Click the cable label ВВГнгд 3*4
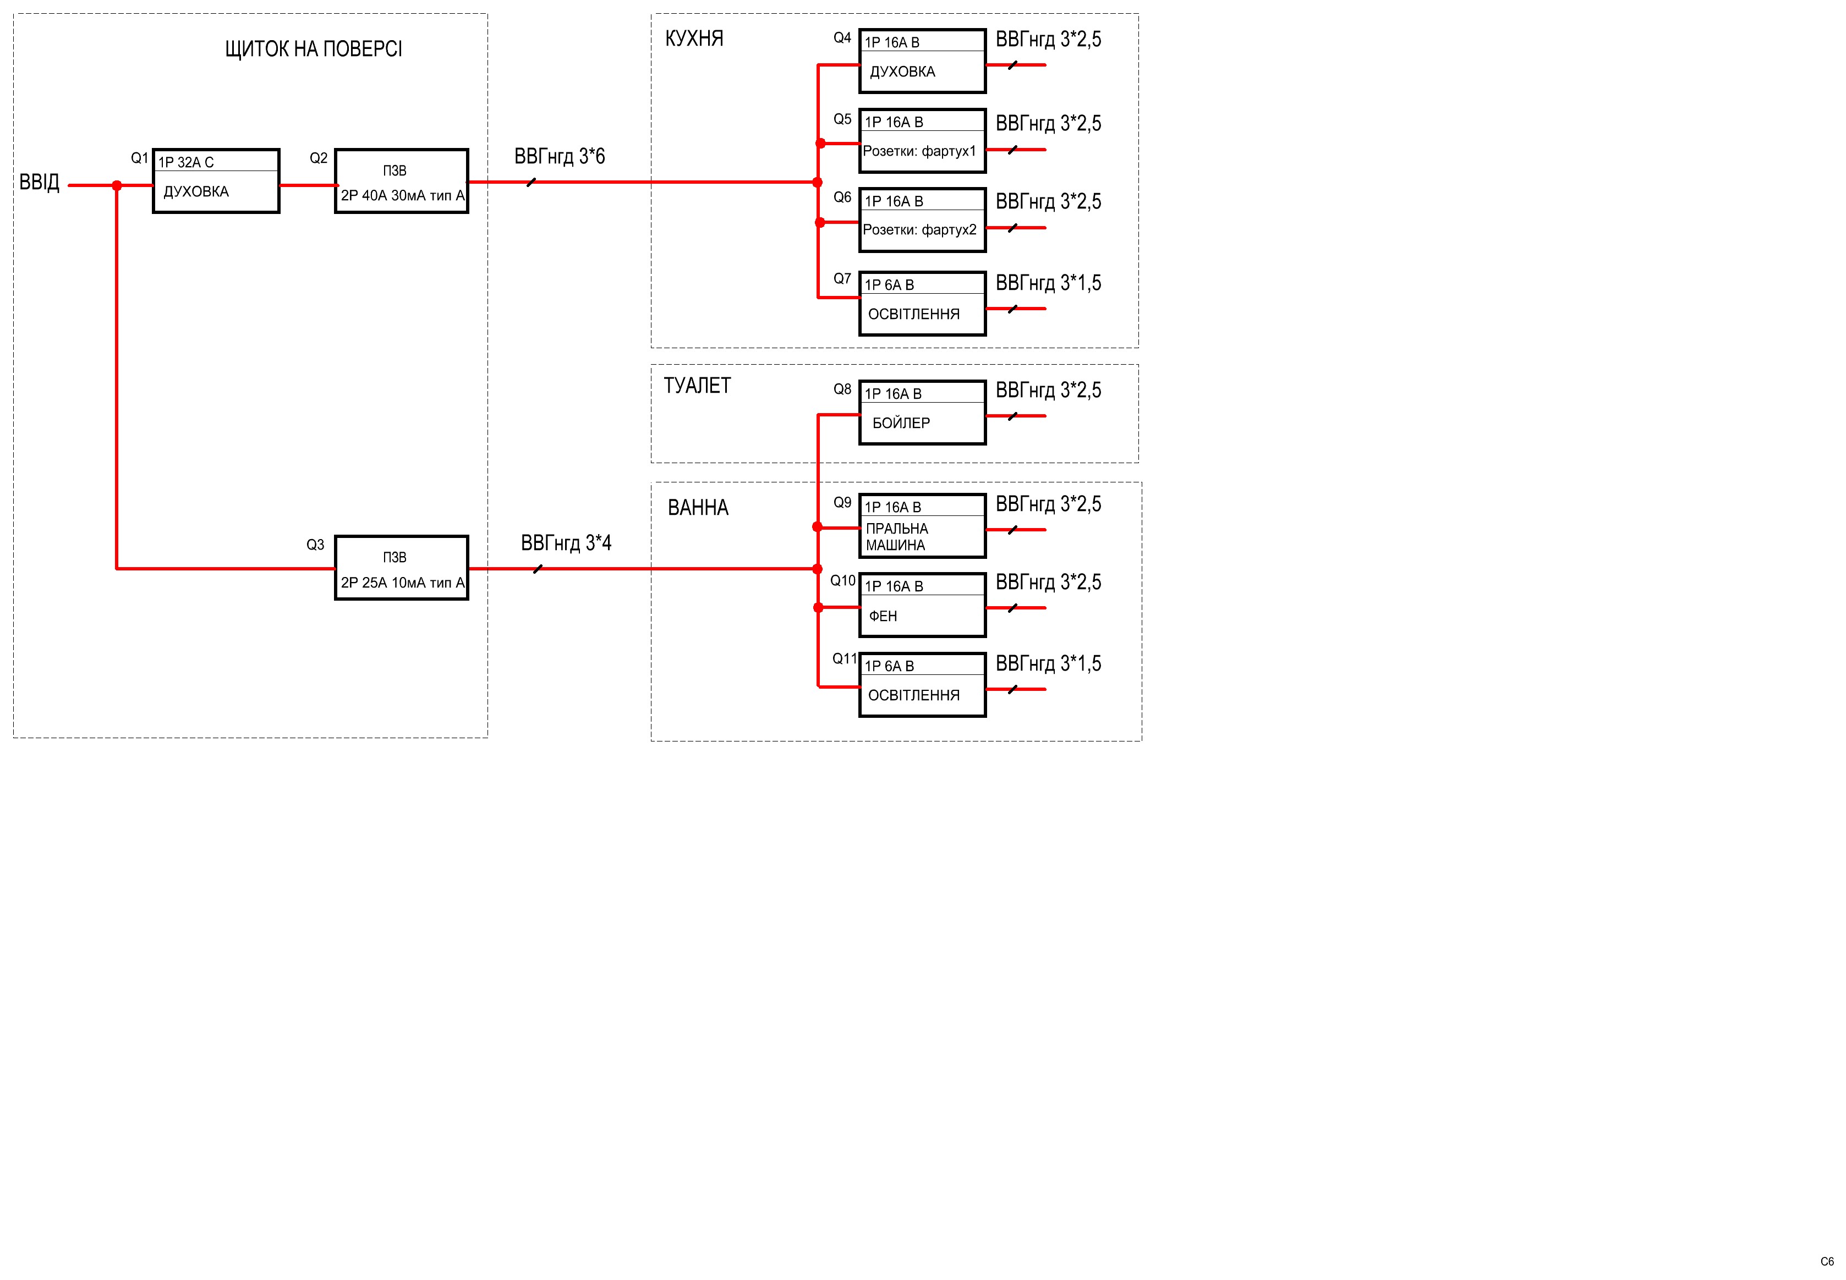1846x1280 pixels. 566,543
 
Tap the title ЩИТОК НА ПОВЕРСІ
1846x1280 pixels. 313,49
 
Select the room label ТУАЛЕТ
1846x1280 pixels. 697,386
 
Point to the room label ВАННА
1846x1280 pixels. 698,508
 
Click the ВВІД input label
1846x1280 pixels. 39,182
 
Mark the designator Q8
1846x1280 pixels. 842,389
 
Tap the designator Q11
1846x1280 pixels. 844,658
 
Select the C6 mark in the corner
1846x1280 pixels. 1827,1261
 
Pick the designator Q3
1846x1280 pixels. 315,545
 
